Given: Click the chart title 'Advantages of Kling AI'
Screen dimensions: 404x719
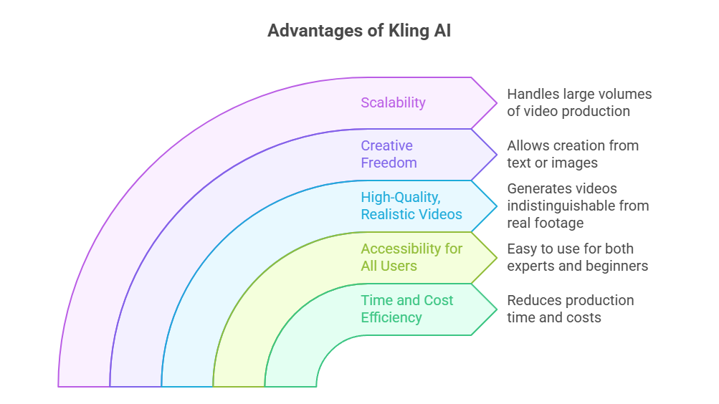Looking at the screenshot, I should (359, 32).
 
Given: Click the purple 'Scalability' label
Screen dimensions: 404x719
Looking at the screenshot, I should (393, 102).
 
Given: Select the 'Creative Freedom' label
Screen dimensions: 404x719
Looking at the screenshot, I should (389, 154).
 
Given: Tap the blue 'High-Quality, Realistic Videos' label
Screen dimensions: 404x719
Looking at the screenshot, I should (411, 206).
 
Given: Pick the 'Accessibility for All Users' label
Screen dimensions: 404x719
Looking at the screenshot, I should (411, 257).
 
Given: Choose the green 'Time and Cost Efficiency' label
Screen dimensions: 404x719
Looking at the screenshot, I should (406, 309).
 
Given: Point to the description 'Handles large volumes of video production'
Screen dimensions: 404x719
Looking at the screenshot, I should (579, 102).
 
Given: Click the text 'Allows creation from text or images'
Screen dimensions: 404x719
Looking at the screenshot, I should (572, 154).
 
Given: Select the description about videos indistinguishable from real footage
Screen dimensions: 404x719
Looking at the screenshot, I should (578, 206).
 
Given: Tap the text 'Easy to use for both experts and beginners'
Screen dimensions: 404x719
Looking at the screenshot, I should (577, 257).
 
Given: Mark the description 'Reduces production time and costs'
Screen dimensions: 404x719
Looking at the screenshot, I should (570, 309).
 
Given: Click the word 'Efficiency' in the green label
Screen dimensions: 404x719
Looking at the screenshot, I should (391, 317).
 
